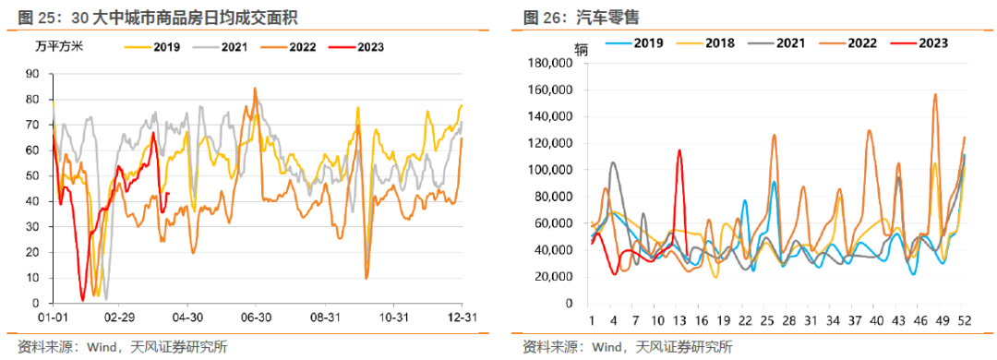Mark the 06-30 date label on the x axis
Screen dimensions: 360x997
point(256,317)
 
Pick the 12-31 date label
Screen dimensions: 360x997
point(462,317)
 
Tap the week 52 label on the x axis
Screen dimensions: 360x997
point(963,319)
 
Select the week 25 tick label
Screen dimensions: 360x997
point(769,319)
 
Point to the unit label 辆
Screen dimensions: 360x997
point(579,49)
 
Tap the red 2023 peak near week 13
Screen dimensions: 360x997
point(679,150)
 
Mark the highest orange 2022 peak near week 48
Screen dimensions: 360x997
point(935,94)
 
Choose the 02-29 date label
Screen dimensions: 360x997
point(120,317)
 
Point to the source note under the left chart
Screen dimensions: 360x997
point(115,347)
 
